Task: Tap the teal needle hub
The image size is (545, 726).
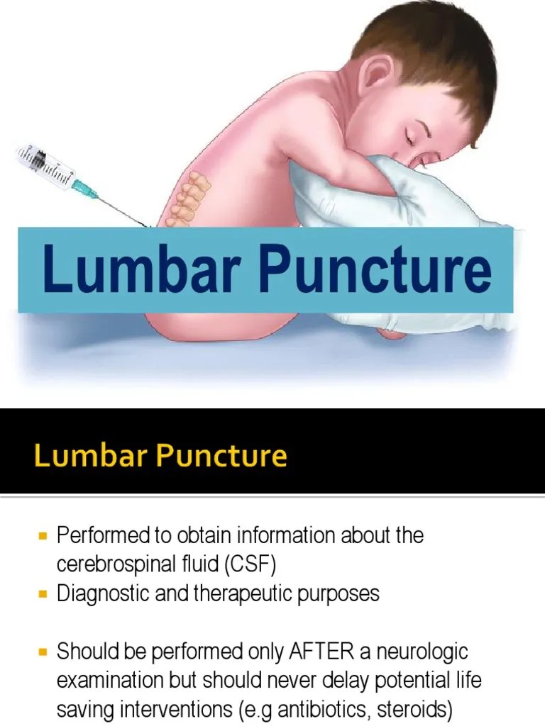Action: coord(84,187)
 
